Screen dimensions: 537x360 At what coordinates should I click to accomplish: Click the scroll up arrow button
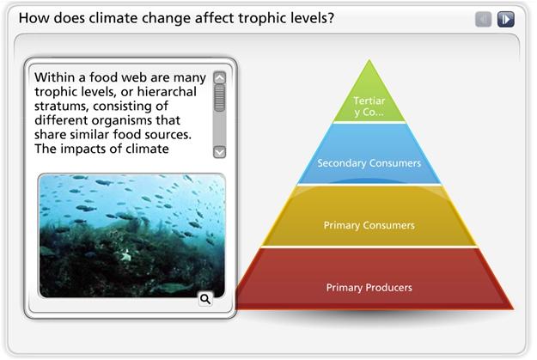pos(220,77)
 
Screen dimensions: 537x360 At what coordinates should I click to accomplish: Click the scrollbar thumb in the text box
pos(220,98)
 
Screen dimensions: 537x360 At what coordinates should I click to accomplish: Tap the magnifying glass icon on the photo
pos(205,299)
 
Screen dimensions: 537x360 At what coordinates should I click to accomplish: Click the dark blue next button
pos(506,19)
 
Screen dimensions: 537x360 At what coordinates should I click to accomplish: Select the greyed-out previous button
pos(484,19)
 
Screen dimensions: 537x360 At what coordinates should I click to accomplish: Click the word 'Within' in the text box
pos(54,77)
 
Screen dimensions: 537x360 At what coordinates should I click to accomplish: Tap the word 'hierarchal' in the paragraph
pos(167,91)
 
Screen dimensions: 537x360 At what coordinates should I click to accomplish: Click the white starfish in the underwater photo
pos(127,255)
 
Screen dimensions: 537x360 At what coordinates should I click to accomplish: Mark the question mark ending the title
pos(330,18)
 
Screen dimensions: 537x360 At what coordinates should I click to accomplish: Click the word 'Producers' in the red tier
pos(391,287)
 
